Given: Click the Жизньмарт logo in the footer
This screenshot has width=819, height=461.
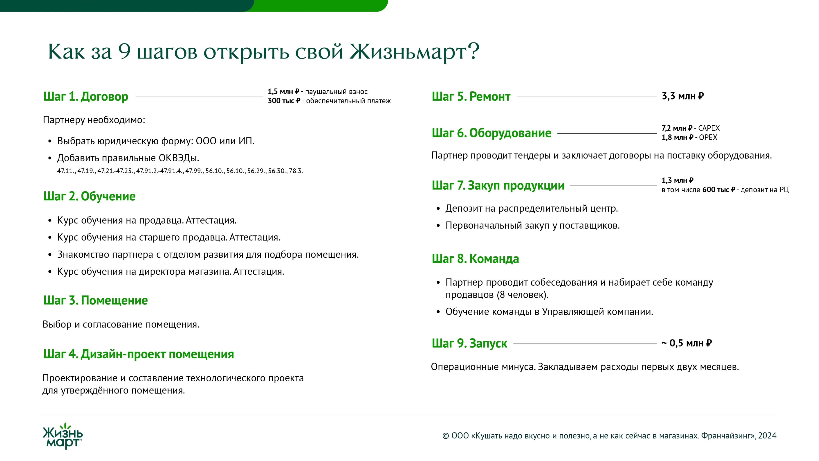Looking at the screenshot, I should pyautogui.click(x=63, y=436).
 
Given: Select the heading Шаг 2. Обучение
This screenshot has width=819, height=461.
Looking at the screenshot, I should pyautogui.click(x=89, y=196).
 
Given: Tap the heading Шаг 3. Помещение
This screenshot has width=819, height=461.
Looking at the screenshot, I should pyautogui.click(x=95, y=300).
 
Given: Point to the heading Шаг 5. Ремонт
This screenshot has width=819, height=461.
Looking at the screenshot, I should pyautogui.click(x=471, y=96).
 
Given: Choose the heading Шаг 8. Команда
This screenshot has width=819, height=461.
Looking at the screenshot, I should pyautogui.click(x=475, y=259).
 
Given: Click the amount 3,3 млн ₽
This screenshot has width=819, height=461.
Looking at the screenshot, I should pyautogui.click(x=683, y=96).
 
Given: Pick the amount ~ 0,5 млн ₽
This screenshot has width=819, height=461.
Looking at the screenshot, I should pyautogui.click(x=687, y=343).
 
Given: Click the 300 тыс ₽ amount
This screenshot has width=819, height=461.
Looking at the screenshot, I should pyautogui.click(x=284, y=101).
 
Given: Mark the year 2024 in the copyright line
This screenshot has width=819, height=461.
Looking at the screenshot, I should pyautogui.click(x=767, y=436).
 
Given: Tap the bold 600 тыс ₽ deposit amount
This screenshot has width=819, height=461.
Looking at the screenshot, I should pyautogui.click(x=718, y=190).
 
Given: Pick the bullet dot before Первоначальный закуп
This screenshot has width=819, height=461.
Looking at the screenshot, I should pyautogui.click(x=438, y=226).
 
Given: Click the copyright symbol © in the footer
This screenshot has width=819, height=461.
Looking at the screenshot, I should pyautogui.click(x=445, y=436).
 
